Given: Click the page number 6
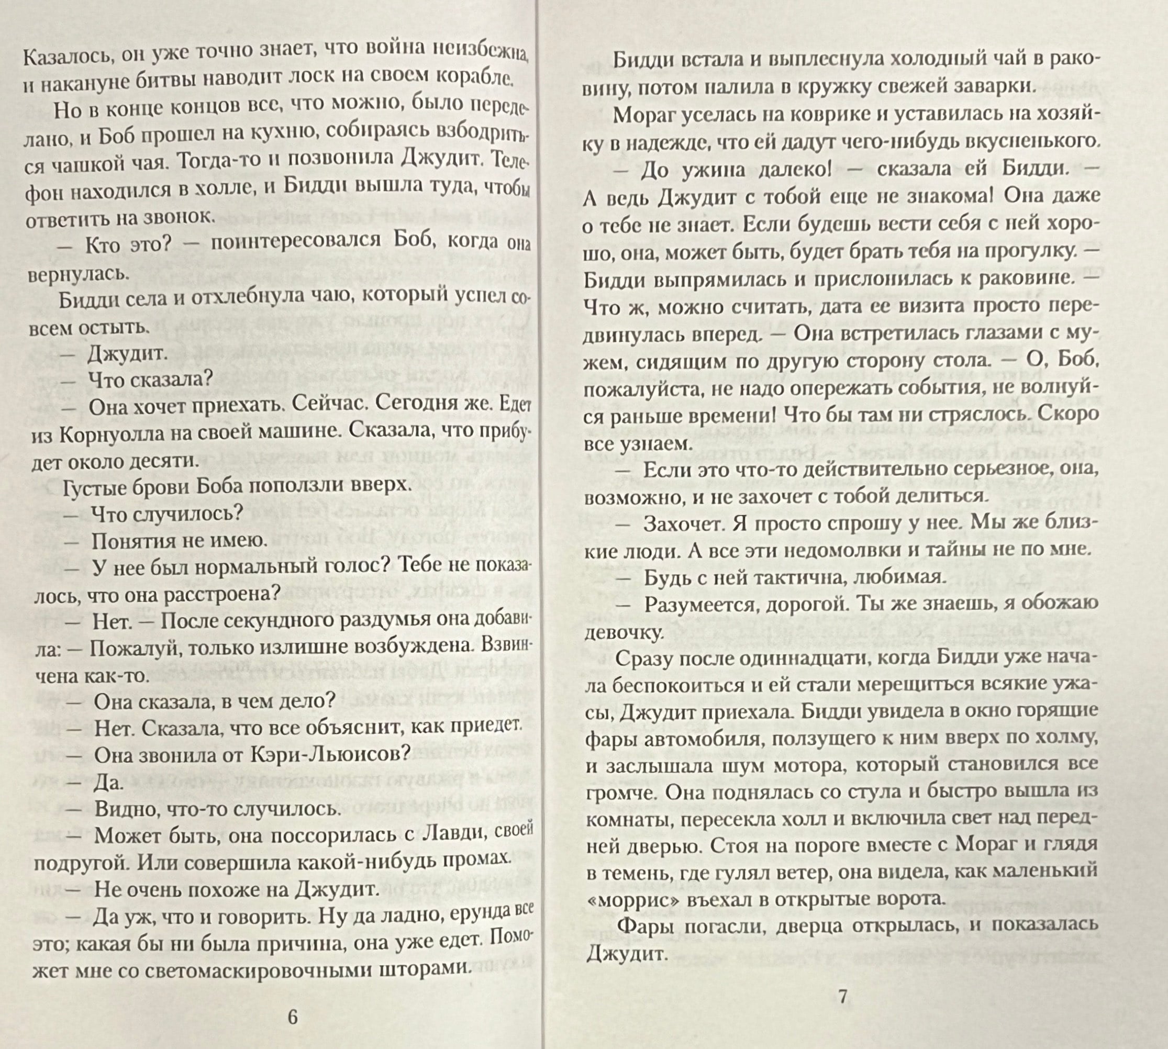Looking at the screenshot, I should pyautogui.click(x=292, y=1017).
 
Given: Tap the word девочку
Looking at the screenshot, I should pyautogui.click(x=622, y=632).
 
